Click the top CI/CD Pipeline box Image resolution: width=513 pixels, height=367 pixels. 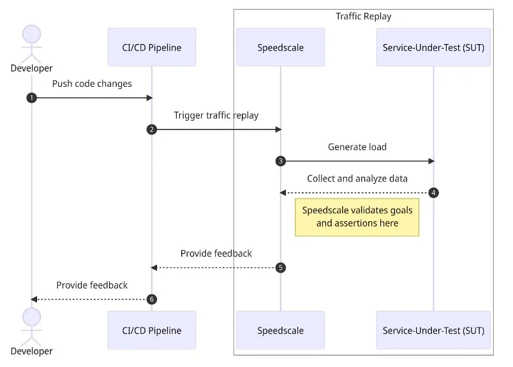coord(152,47)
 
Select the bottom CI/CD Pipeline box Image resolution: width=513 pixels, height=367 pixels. coord(152,330)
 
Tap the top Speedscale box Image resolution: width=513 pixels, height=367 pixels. coord(280,47)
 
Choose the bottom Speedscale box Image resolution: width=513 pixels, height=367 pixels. coord(280,330)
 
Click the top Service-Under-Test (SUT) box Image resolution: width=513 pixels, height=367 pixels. coord(433,47)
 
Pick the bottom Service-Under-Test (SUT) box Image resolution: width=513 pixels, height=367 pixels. coord(433,330)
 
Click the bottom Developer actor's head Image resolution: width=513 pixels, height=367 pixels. coord(31,317)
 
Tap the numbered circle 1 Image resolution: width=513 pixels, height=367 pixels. coord(31,98)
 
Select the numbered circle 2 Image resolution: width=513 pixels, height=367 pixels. coord(152,130)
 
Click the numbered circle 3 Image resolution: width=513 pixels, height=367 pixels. coord(280,161)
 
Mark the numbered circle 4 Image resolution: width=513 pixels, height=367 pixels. coord(433,193)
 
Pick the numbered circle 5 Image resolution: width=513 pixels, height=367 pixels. coord(280,267)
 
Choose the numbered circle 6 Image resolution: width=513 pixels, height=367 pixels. coord(152,299)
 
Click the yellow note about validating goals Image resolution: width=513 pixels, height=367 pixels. coord(357,217)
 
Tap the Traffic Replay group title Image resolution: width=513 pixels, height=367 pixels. coord(363,17)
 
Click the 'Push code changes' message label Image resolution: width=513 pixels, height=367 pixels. coord(92,84)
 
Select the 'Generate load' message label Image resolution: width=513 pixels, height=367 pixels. coord(357,147)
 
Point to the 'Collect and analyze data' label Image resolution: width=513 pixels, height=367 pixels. coord(357,179)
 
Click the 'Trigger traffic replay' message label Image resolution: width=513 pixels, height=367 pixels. coord(216,116)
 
